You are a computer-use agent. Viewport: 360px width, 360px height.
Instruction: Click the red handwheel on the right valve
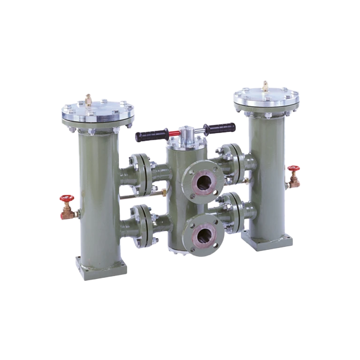[294, 168]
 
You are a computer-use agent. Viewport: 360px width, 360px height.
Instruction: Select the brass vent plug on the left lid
[88, 99]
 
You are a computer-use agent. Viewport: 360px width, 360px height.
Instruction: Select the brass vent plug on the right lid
[266, 85]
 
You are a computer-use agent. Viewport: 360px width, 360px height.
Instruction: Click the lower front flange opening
[204, 233]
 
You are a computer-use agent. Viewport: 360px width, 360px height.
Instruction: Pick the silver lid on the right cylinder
[266, 98]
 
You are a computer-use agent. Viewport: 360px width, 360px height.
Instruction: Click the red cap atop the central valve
[174, 133]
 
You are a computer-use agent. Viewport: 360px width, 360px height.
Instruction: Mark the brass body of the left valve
[68, 213]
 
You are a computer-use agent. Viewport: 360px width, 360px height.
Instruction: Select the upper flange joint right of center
[231, 160]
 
